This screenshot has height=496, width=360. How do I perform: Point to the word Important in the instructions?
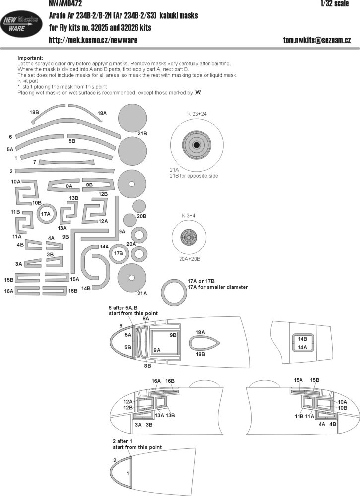29,58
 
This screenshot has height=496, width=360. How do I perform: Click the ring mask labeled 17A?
46,215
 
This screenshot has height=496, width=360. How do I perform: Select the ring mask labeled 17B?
118,253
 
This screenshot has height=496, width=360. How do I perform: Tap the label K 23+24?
197,114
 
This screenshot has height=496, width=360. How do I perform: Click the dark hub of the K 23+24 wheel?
197,145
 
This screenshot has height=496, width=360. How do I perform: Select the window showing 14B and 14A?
301,343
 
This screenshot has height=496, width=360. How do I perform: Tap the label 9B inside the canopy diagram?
173,335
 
